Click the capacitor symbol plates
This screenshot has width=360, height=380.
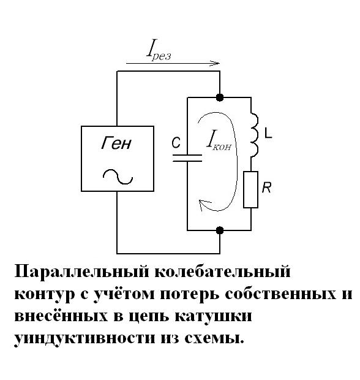(187, 158)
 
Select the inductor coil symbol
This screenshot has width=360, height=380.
(254, 135)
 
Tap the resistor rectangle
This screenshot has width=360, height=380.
(250, 189)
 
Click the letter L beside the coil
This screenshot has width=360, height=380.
(268, 133)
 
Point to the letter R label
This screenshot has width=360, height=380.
(266, 188)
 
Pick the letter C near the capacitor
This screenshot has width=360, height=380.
(176, 142)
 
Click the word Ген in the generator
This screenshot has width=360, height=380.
(116, 143)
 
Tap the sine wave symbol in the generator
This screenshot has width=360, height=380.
(118, 177)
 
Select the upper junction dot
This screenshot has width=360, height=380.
(220, 97)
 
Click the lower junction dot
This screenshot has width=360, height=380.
(220, 230)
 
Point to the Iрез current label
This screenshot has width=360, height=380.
(159, 50)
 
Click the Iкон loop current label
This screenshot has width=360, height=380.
(219, 140)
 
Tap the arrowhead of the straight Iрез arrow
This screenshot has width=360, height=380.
(215, 64)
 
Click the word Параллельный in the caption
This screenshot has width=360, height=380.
(81, 272)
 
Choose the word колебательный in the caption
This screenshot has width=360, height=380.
(222, 272)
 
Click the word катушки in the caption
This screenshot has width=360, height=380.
(213, 316)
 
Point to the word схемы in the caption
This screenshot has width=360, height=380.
(214, 338)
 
